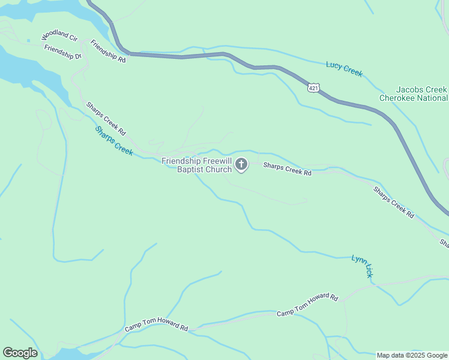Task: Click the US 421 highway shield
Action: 313,88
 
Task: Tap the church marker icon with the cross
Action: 241,164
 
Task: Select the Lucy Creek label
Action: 344,69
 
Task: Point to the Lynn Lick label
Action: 362,266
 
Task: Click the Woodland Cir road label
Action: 59,37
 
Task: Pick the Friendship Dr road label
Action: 62,52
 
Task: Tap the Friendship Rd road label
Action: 108,52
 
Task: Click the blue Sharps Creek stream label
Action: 113,141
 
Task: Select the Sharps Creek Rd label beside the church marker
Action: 288,169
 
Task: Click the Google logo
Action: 20,353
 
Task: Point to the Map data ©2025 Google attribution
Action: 412,355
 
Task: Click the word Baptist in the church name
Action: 191,170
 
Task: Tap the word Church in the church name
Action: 219,170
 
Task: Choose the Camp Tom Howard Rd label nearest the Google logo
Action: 157,328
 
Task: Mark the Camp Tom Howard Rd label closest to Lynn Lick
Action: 307,306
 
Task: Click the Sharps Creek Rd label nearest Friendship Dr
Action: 106,118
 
